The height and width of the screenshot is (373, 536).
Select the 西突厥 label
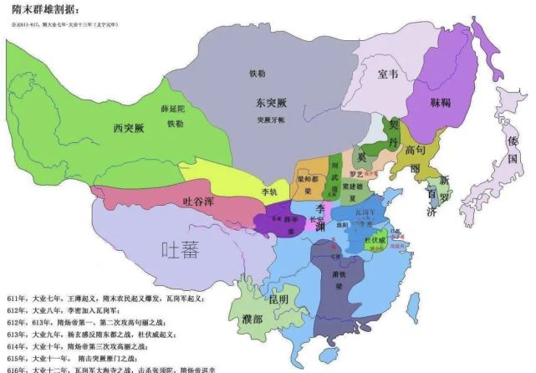[x=129, y=128]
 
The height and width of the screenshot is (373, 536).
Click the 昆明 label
[x=278, y=299]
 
